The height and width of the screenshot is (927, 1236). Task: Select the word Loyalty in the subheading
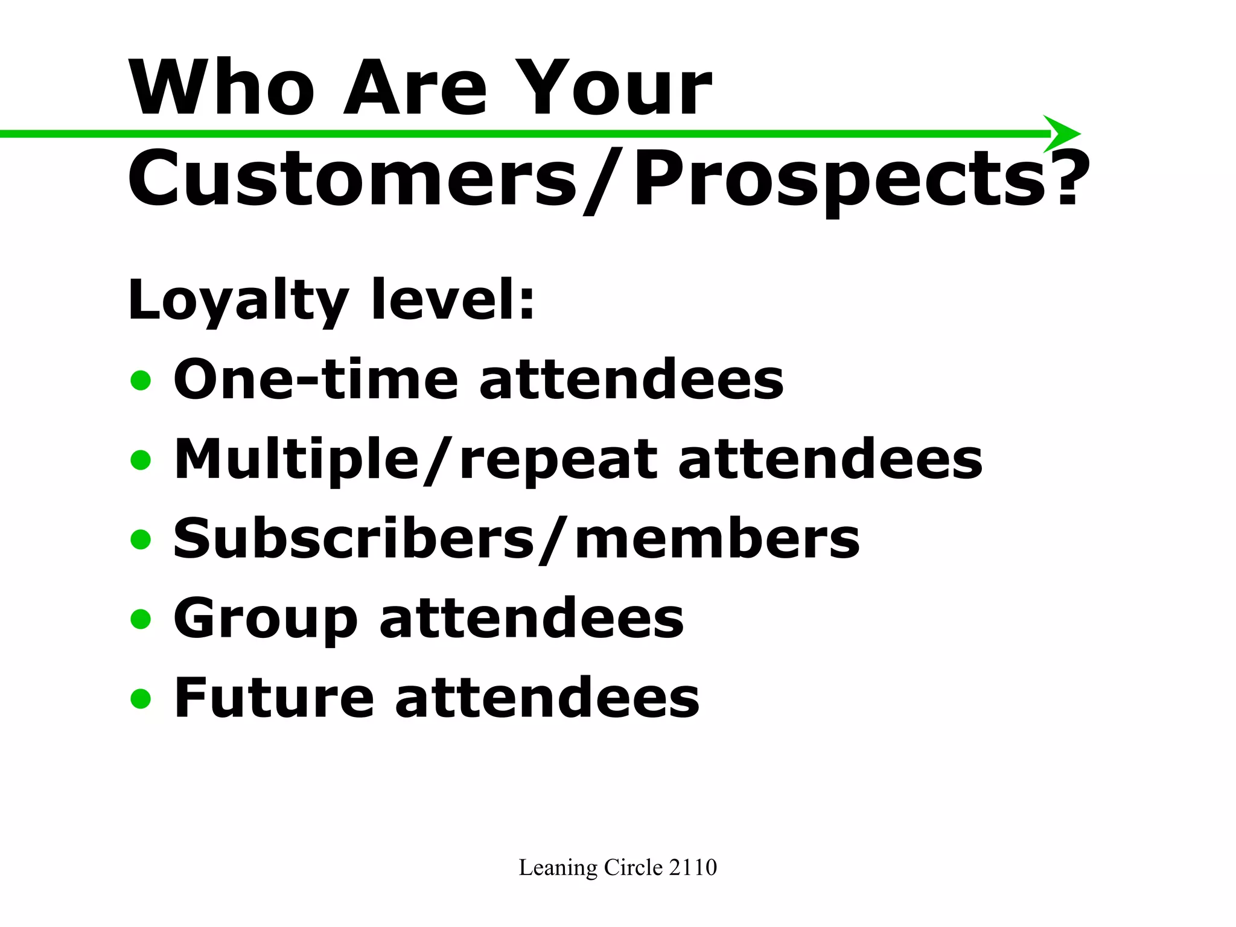point(238,301)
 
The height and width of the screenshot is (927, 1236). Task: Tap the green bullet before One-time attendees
point(141,380)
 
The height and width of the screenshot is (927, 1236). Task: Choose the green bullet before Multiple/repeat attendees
point(141,460)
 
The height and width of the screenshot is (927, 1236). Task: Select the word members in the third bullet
point(717,538)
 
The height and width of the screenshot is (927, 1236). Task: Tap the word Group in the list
point(266,619)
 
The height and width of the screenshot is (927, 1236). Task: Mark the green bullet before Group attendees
point(141,619)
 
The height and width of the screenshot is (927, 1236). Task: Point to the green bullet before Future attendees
point(141,698)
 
